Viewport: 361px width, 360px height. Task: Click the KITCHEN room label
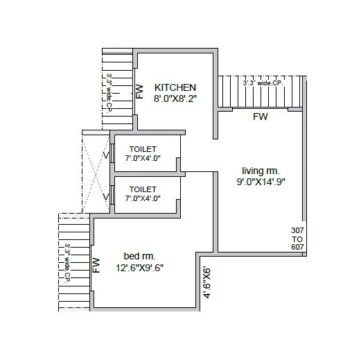pos(176,87)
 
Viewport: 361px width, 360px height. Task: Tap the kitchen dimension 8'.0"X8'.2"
pos(176,100)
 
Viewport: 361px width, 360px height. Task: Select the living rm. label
pos(260,170)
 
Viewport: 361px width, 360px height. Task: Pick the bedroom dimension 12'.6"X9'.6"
pos(139,266)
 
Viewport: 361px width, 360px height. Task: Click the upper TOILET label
pos(143,148)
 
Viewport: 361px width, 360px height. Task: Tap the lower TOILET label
pos(143,188)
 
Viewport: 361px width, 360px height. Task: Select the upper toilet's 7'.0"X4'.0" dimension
pos(143,158)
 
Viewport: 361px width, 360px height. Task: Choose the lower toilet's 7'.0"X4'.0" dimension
pos(143,198)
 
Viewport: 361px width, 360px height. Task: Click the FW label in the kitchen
pos(139,92)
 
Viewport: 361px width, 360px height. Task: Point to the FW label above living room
pos(261,117)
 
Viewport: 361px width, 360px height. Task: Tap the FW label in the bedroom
pos(96,266)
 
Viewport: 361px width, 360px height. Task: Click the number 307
pos(297,229)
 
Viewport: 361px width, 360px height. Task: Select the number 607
pos(297,247)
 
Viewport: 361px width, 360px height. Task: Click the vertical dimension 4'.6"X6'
pos(206,282)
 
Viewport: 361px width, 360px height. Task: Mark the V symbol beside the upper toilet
pos(106,155)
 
